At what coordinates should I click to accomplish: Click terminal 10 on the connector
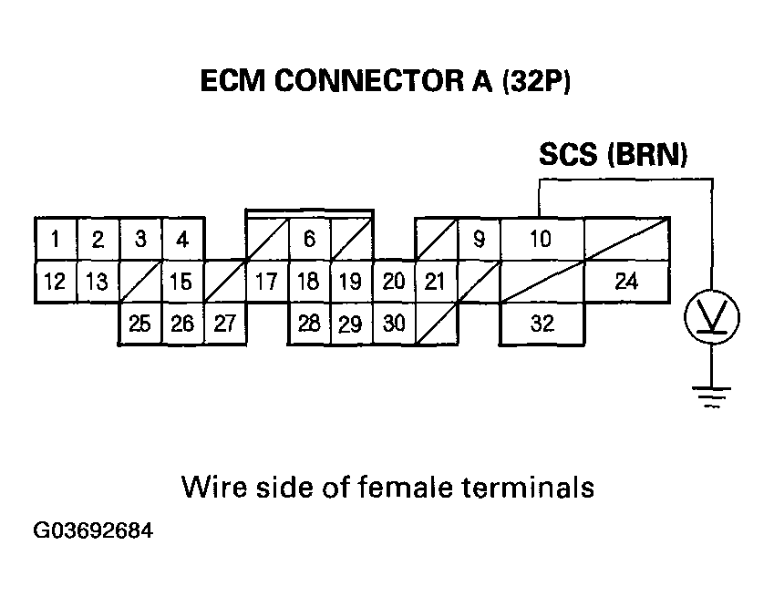(542, 240)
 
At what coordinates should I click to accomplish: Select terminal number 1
(56, 240)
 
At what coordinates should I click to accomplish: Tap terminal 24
(625, 282)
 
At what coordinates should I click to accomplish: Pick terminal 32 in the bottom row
(542, 324)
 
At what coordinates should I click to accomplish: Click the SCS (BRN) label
(612, 156)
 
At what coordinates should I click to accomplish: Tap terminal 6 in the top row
(310, 239)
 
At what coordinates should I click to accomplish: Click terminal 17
(266, 282)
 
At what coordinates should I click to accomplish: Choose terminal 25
(140, 324)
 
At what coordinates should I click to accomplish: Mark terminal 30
(393, 324)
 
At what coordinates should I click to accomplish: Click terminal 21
(435, 282)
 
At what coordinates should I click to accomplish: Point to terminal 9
(479, 240)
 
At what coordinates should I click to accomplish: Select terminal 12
(56, 282)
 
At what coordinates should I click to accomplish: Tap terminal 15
(182, 282)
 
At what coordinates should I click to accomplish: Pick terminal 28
(309, 324)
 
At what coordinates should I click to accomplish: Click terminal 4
(182, 240)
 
